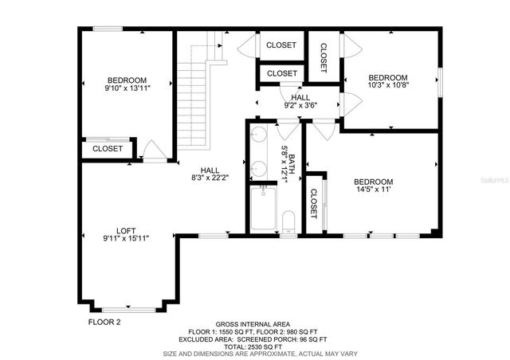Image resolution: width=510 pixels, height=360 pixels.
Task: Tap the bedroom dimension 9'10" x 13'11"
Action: point(127,88)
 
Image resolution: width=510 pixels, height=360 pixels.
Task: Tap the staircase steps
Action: point(190,104)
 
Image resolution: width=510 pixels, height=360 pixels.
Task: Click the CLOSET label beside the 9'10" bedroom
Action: point(108,149)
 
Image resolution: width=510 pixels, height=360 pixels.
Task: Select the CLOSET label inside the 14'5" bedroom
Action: point(314,203)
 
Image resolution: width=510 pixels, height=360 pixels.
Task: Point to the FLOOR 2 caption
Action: point(104,323)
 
